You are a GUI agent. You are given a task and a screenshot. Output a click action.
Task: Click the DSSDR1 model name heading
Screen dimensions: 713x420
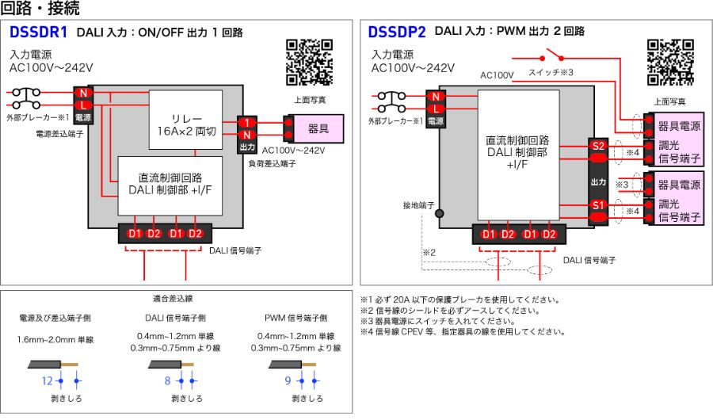click(x=38, y=32)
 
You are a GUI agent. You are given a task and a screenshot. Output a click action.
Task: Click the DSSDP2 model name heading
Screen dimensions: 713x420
click(x=397, y=32)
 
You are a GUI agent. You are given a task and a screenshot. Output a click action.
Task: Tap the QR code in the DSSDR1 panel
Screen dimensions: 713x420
click(x=309, y=63)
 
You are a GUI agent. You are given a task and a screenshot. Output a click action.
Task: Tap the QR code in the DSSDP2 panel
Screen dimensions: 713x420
click(x=670, y=63)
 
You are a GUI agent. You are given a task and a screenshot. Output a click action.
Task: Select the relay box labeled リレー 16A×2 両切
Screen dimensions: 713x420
click(x=186, y=120)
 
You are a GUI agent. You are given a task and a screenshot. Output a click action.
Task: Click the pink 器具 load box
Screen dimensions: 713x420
click(x=318, y=129)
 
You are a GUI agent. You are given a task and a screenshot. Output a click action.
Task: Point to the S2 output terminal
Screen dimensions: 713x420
click(x=598, y=146)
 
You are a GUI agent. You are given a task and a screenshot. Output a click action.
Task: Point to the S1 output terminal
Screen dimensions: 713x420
click(x=598, y=205)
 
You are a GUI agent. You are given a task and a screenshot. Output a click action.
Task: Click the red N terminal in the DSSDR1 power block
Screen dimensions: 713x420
click(x=83, y=93)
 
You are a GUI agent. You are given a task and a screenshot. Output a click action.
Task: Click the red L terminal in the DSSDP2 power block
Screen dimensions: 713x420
click(x=436, y=109)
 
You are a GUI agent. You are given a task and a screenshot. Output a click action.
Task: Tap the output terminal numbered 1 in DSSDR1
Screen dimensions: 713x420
click(x=247, y=123)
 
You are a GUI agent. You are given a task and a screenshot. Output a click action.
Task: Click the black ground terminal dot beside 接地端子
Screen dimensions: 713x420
click(x=439, y=213)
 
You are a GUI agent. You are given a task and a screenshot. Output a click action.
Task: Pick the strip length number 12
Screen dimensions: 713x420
click(x=48, y=381)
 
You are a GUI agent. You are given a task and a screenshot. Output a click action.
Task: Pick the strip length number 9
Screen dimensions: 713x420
click(x=288, y=380)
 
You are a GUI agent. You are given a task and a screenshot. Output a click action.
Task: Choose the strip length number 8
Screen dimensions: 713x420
click(x=167, y=380)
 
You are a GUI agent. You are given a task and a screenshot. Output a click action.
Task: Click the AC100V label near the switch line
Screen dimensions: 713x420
click(x=497, y=75)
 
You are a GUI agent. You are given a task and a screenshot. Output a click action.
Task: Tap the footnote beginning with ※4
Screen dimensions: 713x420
click(x=463, y=332)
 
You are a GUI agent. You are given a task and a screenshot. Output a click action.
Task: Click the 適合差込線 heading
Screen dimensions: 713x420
click(x=173, y=299)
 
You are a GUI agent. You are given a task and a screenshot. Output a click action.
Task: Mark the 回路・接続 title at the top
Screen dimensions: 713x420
click(x=40, y=8)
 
